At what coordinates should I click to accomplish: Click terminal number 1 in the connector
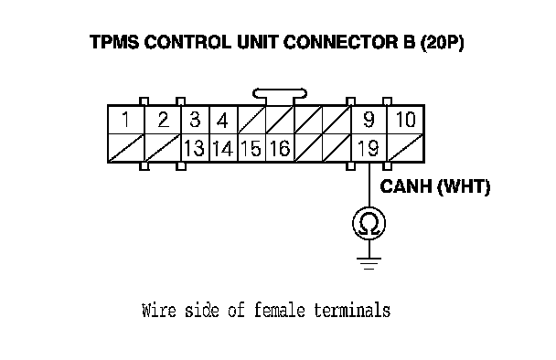coord(125,120)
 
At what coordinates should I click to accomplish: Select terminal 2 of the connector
coord(163,120)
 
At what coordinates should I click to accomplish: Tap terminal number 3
coord(195,120)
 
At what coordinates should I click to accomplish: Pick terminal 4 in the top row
coord(223,121)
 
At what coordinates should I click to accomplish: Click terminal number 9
coord(369,120)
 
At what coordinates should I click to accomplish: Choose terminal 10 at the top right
coord(406,120)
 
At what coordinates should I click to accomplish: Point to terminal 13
coord(194,148)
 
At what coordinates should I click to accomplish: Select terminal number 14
coord(223,148)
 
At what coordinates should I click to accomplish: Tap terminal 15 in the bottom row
coord(251,148)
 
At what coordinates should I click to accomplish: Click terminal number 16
coord(280,148)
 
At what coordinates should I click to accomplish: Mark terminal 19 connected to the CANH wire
coord(369,148)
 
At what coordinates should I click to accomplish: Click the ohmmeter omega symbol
coord(369,224)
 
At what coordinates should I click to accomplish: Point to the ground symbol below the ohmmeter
coord(369,263)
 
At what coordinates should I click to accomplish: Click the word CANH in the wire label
coord(407,186)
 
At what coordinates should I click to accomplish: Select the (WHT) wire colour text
coord(464,186)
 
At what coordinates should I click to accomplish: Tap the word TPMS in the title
coord(114,42)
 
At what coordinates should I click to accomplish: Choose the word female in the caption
coord(280,310)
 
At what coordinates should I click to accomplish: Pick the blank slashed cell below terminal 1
coord(126,148)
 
